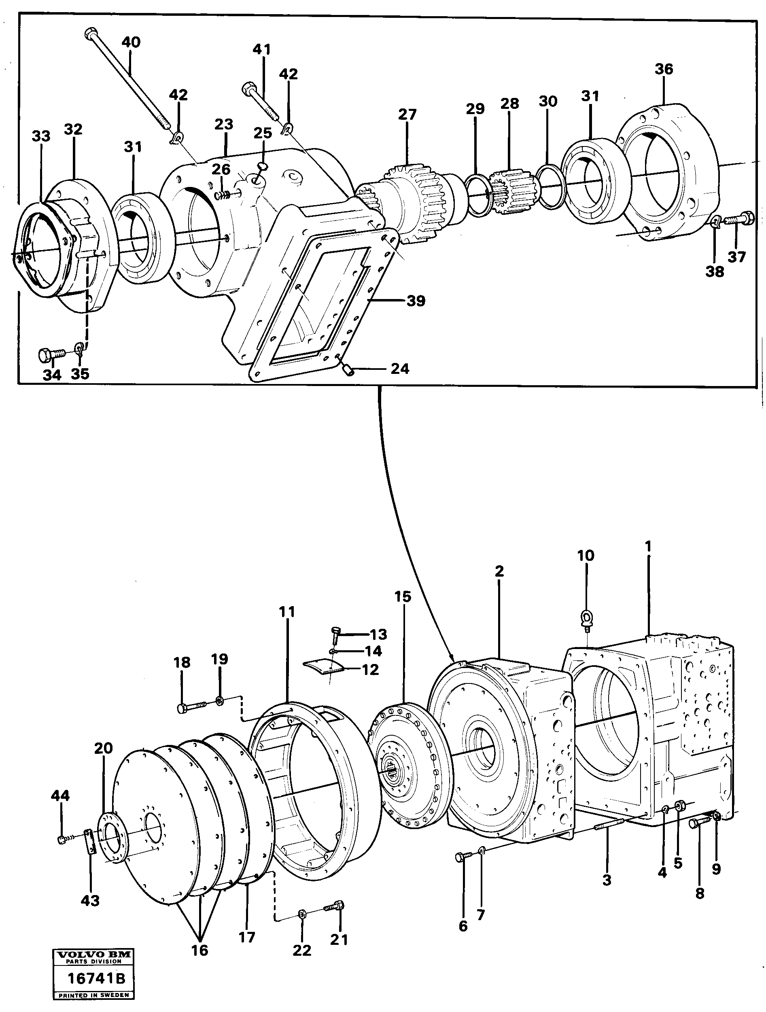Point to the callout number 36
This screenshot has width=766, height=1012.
[x=664, y=69]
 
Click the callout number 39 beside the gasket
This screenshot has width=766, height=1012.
[x=416, y=301]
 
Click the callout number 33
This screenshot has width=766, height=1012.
[x=41, y=136]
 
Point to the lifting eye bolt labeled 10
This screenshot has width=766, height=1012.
[x=587, y=619]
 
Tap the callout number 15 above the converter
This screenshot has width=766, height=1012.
[x=403, y=596]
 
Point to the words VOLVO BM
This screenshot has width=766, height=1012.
[x=93, y=955]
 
